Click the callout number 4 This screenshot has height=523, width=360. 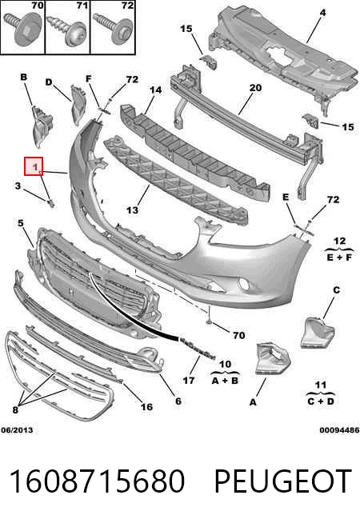[322, 13]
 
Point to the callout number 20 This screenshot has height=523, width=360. [255, 88]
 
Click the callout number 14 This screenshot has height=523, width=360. [155, 90]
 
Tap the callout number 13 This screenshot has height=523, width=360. [133, 210]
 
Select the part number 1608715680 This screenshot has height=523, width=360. [97, 481]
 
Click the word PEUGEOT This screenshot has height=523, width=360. [282, 481]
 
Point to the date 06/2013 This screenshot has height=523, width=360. [17, 430]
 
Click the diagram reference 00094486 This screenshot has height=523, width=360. [339, 430]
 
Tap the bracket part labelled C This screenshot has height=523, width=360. [317, 332]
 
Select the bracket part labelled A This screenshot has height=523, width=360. [272, 359]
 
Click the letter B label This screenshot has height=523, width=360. [24, 78]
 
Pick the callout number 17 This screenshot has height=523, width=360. [189, 380]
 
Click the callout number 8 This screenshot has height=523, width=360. [15, 409]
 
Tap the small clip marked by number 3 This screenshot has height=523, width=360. [51, 203]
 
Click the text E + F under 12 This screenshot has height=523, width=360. [339, 258]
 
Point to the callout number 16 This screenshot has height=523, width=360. [146, 406]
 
